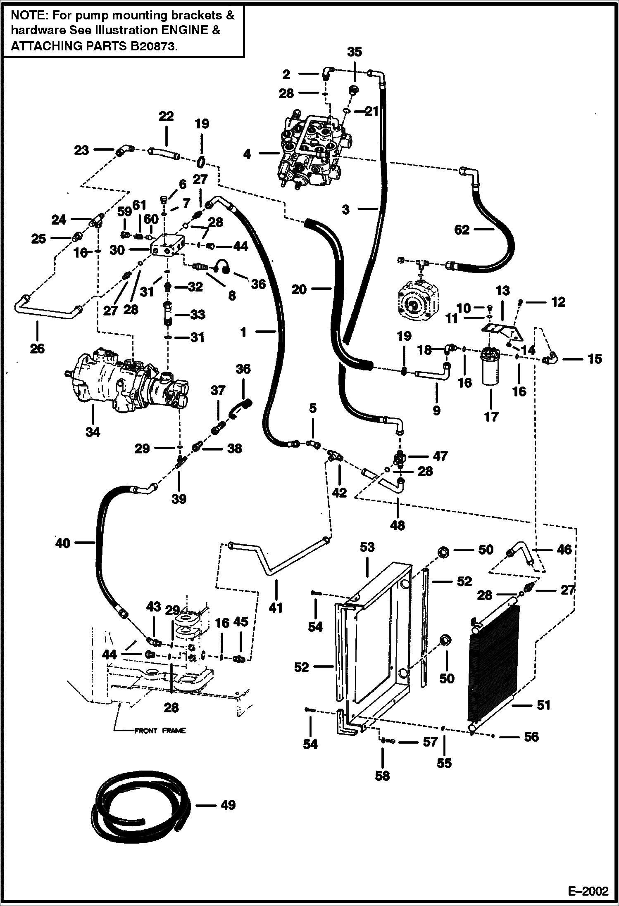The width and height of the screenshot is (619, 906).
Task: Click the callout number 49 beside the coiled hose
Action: [228, 805]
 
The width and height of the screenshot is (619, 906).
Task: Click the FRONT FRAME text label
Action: [160, 731]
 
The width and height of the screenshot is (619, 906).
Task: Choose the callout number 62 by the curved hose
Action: [462, 230]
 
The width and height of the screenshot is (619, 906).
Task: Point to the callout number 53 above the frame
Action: [367, 547]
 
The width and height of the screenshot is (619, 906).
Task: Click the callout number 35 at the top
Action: [354, 52]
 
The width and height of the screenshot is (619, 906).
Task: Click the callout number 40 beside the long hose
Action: [63, 543]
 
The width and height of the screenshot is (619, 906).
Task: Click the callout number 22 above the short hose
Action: [166, 116]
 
